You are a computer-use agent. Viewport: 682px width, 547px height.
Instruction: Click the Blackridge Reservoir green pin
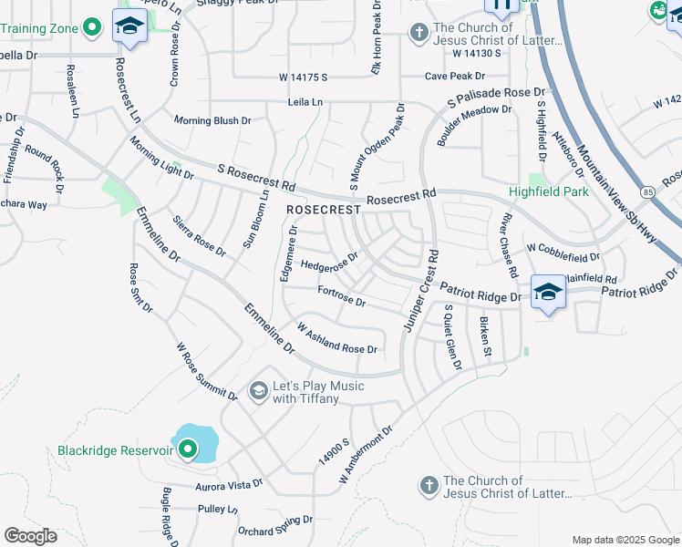click(189, 449)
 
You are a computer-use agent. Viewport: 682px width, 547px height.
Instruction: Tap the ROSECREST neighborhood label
click(318, 210)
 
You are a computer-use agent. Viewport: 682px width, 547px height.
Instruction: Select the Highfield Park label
click(548, 192)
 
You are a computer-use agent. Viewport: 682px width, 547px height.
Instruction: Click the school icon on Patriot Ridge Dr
click(548, 292)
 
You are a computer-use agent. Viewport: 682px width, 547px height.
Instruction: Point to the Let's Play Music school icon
click(258, 392)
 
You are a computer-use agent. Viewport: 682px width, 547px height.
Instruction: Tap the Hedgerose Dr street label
click(329, 263)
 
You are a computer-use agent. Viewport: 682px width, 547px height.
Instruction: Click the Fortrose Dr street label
click(342, 295)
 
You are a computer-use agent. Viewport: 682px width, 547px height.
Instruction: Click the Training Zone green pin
click(90, 28)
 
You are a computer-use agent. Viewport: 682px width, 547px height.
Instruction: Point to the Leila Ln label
click(305, 102)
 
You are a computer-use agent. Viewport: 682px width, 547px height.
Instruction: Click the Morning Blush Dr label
click(212, 120)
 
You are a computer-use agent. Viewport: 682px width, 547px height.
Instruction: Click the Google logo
click(30, 535)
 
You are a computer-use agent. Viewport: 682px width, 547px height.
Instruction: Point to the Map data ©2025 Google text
click(625, 540)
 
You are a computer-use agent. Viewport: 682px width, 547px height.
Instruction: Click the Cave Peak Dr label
click(454, 77)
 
